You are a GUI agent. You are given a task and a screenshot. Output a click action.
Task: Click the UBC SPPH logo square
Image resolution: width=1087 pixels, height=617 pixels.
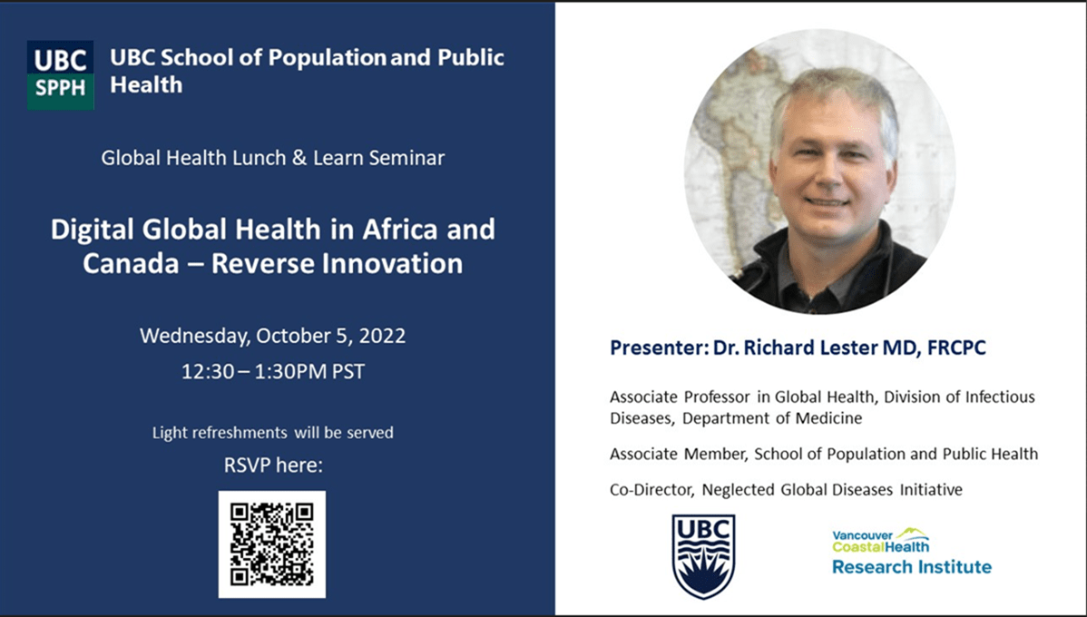point(60,75)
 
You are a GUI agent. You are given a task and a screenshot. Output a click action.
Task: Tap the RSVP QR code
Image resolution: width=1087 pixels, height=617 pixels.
point(271,544)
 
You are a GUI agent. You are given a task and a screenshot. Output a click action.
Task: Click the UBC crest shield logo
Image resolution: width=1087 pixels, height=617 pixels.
point(703,556)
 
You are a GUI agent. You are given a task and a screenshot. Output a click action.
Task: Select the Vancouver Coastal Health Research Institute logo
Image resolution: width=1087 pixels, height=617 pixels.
point(911,553)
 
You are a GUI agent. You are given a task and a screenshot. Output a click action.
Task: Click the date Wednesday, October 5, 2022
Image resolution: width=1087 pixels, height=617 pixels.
point(272,336)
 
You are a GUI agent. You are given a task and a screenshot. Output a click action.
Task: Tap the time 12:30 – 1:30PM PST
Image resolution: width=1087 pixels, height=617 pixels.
point(272,372)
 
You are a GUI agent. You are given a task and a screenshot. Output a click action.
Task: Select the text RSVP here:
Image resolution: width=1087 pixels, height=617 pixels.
point(272,466)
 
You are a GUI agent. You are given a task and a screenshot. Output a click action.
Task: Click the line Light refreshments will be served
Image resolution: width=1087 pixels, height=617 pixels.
point(272,433)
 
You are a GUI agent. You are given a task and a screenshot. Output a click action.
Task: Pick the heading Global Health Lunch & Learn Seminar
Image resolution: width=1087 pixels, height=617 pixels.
point(272,159)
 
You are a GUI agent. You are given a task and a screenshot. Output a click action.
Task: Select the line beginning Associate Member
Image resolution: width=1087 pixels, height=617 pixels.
point(823,454)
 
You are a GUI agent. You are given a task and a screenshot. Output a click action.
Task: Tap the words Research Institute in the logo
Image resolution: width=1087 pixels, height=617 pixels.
point(911,568)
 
